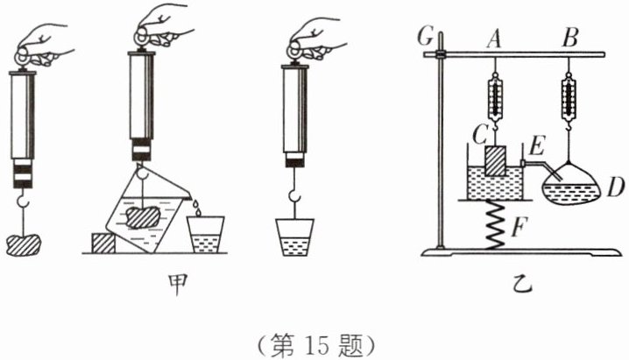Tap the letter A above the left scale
[x=494, y=37]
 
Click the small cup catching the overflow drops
[x=206, y=234]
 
